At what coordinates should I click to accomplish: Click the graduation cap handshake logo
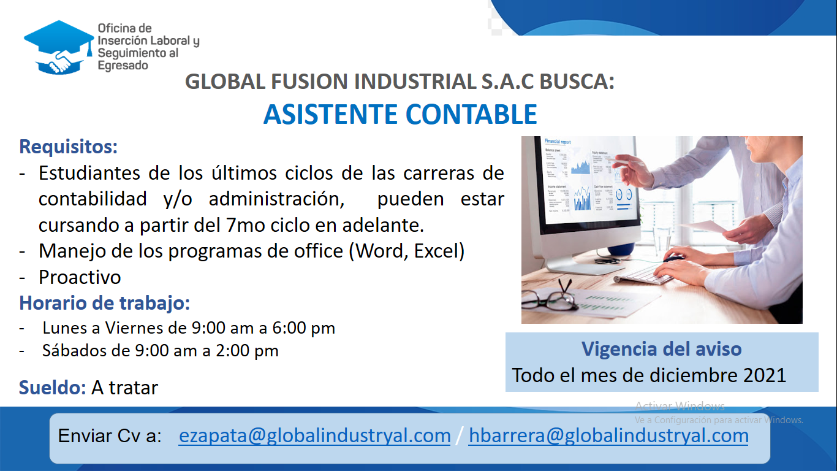coord(59,47)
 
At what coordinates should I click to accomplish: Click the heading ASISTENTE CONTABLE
coord(400,114)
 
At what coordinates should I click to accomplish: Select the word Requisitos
coord(69,147)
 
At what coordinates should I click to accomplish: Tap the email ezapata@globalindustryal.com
coord(314,436)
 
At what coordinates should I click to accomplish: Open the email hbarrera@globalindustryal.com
coord(608,436)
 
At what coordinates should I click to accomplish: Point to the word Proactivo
coord(80,277)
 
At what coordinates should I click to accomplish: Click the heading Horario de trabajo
coord(105,303)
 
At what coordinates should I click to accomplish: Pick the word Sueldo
coord(52,388)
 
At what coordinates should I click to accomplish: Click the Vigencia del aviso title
coord(661,349)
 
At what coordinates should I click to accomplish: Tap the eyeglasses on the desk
coord(549,299)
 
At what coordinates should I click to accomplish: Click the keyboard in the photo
coord(643,275)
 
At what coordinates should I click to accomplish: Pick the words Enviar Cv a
coord(110,436)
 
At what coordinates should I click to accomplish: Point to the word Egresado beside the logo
coord(123,66)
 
